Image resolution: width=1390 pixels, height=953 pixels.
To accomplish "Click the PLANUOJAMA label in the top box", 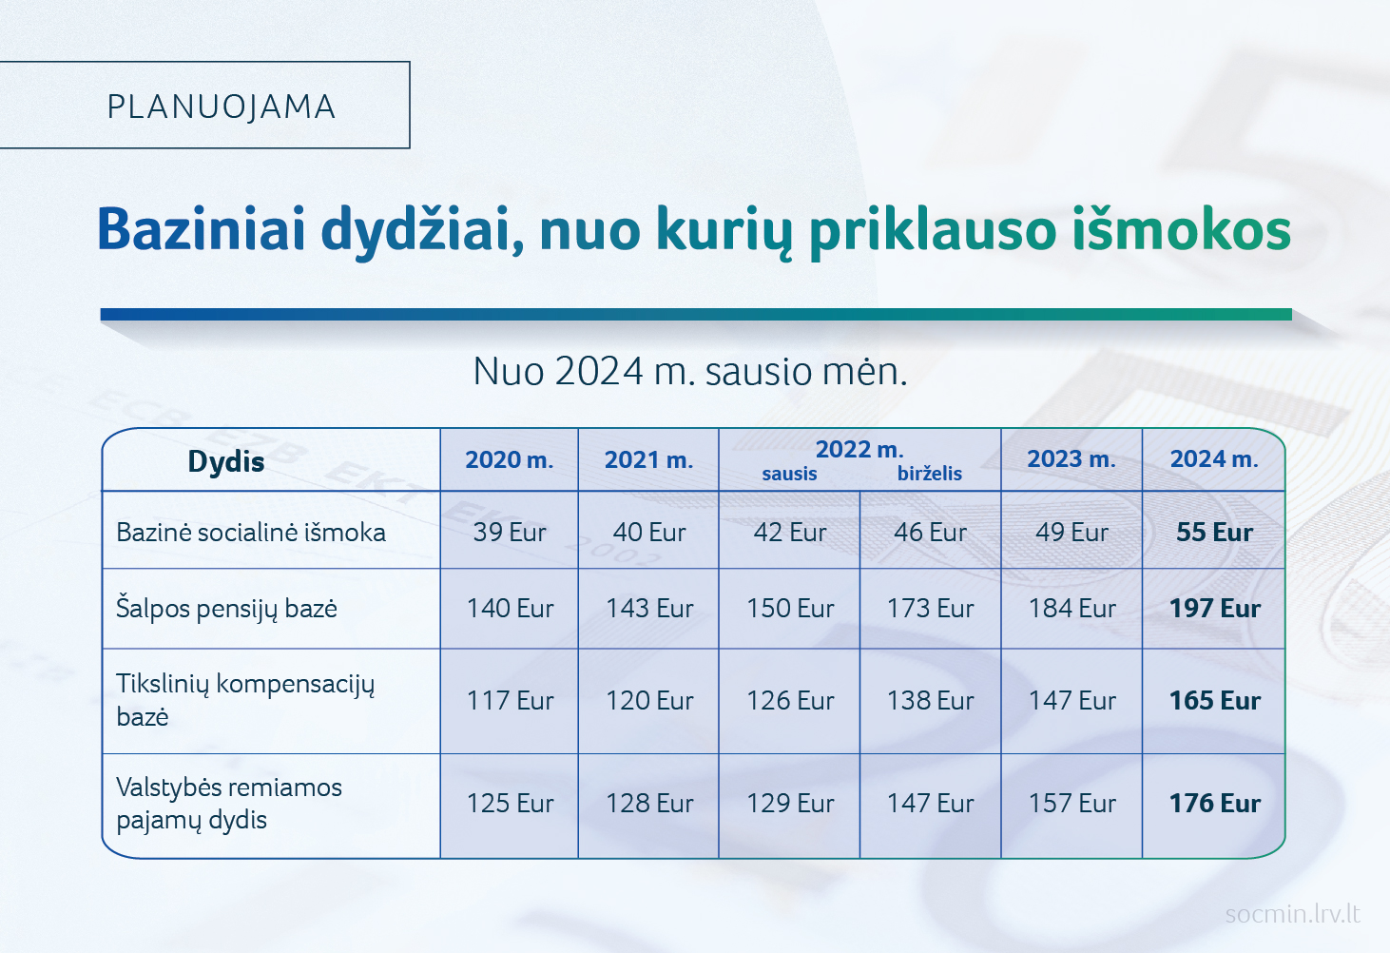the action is tap(222, 107).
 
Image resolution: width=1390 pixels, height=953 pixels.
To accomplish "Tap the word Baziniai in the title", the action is tap(202, 230).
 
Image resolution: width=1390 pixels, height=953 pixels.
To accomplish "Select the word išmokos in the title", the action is tap(1182, 229).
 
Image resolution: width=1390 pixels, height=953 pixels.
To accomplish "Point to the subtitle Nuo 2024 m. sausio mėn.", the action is tap(690, 371).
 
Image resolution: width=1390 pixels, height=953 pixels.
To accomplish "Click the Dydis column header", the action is tap(226, 461).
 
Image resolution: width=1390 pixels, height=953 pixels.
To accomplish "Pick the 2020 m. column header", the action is tap(509, 460).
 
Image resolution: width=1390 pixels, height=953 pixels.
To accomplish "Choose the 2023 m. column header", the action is tap(1071, 458).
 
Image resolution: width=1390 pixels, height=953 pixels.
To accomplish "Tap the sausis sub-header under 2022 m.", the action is tap(789, 474).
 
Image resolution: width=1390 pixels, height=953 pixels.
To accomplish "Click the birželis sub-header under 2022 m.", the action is tap(930, 474).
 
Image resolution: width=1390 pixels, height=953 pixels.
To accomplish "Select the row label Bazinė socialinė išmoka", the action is tap(251, 532).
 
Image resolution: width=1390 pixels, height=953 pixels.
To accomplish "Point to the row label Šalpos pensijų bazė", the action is tap(226, 609).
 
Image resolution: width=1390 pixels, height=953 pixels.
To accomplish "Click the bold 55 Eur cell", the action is tap(1214, 532).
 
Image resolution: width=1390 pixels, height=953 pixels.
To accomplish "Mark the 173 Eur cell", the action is tap(930, 609).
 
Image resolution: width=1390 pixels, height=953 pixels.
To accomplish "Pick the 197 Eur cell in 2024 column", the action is tap(1214, 609).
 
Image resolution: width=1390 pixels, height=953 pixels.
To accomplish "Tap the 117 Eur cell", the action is tap(510, 701).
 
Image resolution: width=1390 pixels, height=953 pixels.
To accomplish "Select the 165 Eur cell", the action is tap(1214, 701).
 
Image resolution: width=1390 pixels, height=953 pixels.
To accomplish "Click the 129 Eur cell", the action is tap(790, 804).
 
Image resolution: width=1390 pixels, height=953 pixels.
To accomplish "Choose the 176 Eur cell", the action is tap(1214, 804).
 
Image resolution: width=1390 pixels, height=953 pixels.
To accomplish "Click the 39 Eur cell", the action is tap(510, 532).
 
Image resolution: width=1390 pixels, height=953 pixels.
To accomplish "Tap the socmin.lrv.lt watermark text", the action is tap(1293, 914).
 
